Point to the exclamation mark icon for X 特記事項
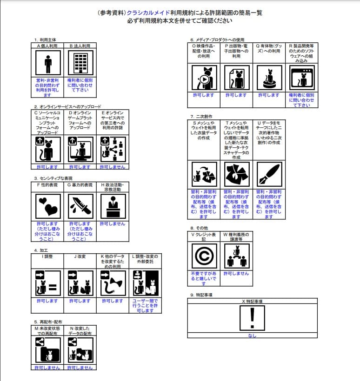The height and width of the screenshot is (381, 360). tap(253, 318)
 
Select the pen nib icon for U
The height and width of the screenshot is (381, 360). tap(269, 175)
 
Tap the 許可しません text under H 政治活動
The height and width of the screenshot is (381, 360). tap(113, 224)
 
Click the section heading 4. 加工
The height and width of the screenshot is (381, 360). tap(42, 250)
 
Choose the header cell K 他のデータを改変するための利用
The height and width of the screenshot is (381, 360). tap(113, 262)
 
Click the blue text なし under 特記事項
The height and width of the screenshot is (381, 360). tap(253, 335)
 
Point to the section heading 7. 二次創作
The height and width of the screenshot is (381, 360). tap(201, 116)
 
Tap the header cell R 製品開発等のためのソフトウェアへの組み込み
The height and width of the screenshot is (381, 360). tap(301, 53)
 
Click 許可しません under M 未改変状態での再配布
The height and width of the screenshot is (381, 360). tap(48, 368)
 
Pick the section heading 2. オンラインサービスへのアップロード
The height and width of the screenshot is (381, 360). tap(67, 106)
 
